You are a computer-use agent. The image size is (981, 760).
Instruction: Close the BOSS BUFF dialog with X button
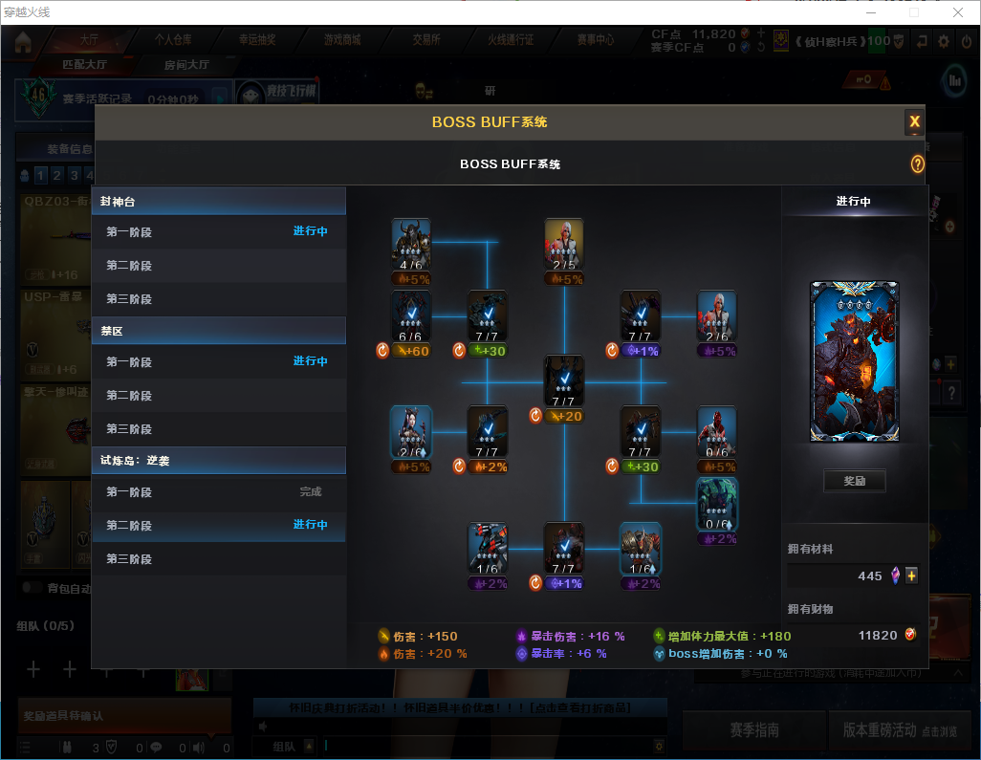pyautogui.click(x=914, y=121)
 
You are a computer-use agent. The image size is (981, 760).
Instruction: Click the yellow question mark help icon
pyautogui.click(x=917, y=164)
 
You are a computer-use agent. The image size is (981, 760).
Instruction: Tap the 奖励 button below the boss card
pyautogui.click(x=854, y=481)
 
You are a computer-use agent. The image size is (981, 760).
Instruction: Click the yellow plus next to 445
pyautogui.click(x=911, y=575)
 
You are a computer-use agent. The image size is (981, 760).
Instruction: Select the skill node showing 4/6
pyautogui.click(x=411, y=245)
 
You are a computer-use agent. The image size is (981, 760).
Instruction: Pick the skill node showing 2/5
pyautogui.click(x=564, y=245)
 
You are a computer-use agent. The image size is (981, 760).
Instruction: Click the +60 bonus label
pyautogui.click(x=412, y=351)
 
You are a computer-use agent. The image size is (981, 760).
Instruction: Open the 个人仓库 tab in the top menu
pyautogui.click(x=173, y=40)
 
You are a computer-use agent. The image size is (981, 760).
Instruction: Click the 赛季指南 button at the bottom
pyautogui.click(x=754, y=729)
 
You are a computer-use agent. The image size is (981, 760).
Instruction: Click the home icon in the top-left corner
pyautogui.click(x=23, y=41)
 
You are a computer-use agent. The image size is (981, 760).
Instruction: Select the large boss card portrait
pyautogui.click(x=854, y=361)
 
